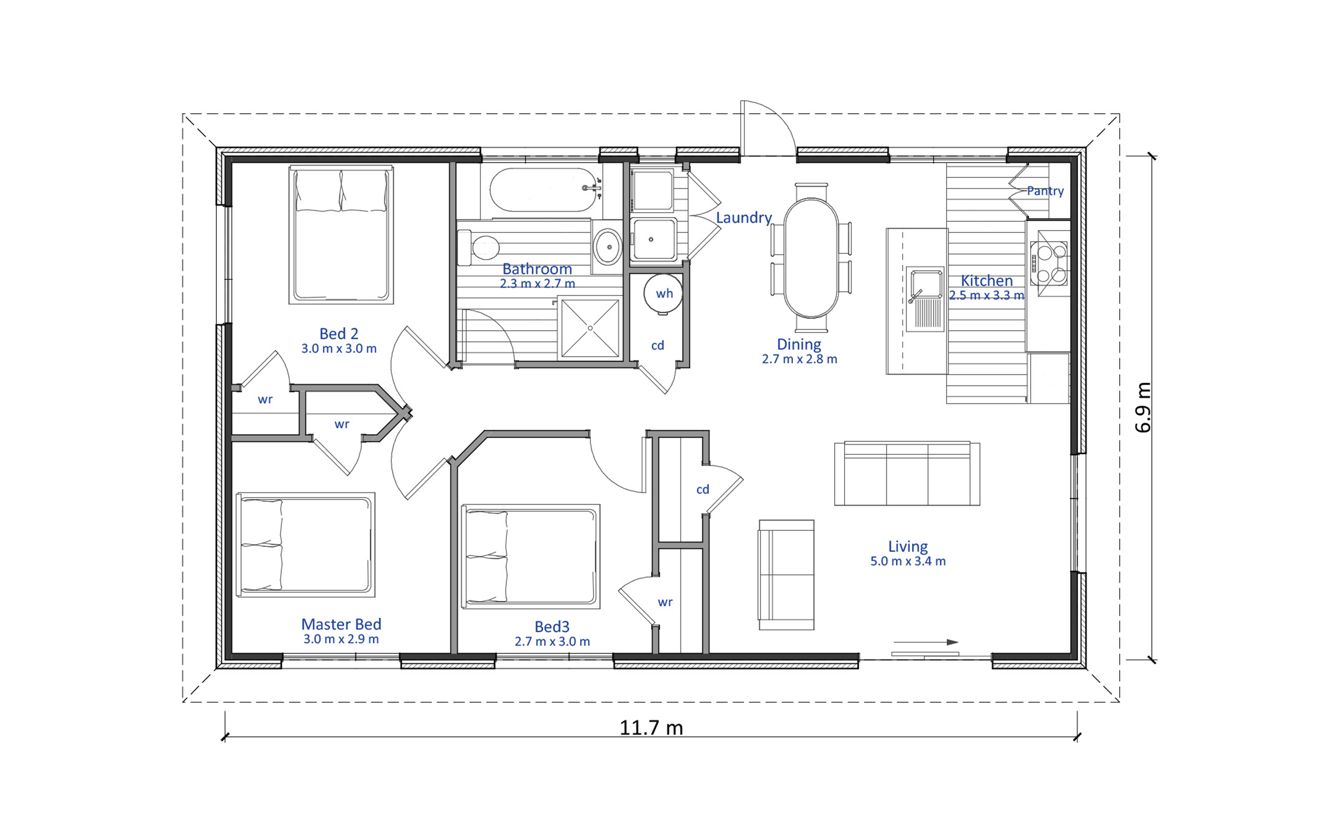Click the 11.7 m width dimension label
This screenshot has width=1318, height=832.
pyautogui.click(x=651, y=728)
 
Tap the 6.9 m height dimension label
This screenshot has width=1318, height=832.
pyautogui.click(x=1143, y=407)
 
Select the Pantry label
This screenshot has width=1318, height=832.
pyautogui.click(x=1045, y=191)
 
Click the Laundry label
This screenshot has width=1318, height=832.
pyautogui.click(x=744, y=218)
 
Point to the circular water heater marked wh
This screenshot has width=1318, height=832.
pyautogui.click(x=663, y=294)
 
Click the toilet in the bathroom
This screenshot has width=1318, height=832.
pyautogui.click(x=478, y=247)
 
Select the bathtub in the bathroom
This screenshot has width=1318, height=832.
pyautogui.click(x=543, y=190)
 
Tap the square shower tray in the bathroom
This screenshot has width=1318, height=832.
pyautogui.click(x=590, y=328)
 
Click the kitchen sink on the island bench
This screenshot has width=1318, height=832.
pyautogui.click(x=925, y=299)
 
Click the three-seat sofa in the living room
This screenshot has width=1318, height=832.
pyautogui.click(x=907, y=473)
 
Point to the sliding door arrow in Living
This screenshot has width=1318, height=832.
pyautogui.click(x=926, y=642)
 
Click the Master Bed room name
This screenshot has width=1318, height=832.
pyautogui.click(x=341, y=624)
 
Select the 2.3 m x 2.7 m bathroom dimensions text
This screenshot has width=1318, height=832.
pyautogui.click(x=537, y=284)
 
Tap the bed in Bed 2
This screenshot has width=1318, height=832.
pyautogui.click(x=341, y=235)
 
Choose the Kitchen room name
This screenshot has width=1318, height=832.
pyautogui.click(x=986, y=280)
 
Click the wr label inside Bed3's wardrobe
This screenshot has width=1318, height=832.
pyautogui.click(x=665, y=602)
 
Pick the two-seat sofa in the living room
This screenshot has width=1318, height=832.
pyautogui.click(x=786, y=575)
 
